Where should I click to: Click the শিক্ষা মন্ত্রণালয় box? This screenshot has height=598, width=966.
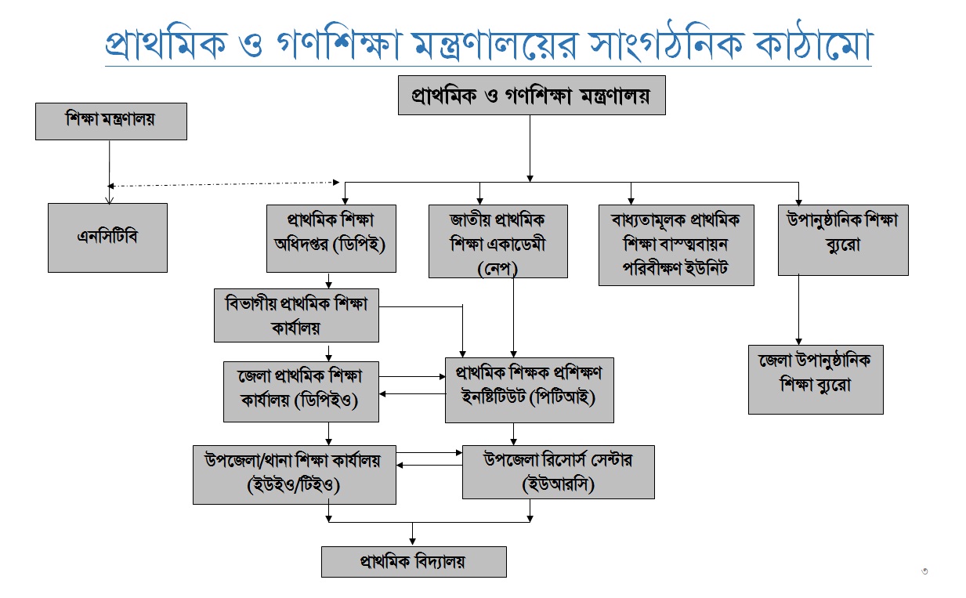110,121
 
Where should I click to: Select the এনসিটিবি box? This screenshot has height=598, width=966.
107,237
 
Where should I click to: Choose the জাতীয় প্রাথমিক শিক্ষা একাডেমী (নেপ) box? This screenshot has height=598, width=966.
497,241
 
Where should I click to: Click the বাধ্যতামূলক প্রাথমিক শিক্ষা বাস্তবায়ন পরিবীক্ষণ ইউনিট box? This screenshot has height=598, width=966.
675,245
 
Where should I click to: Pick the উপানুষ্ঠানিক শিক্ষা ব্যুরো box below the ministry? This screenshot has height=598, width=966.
842,239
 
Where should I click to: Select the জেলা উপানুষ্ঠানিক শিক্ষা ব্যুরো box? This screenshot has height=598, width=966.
815,379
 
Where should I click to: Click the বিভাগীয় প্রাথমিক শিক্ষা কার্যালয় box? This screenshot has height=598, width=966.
296,314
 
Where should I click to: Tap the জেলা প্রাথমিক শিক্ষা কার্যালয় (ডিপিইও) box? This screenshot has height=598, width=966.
301,391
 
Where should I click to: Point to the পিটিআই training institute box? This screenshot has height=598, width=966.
529,390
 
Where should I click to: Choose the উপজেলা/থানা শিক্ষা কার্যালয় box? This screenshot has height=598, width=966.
295,474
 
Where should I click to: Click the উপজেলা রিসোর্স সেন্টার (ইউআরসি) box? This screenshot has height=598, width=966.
558,472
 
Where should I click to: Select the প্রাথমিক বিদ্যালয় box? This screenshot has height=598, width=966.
414,561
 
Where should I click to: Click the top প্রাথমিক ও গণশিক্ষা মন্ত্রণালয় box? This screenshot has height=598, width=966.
531,95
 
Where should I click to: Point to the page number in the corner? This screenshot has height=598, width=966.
924,571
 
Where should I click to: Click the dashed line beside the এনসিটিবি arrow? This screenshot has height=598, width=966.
223,184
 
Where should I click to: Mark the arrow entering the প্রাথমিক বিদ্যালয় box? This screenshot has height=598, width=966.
414,535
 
